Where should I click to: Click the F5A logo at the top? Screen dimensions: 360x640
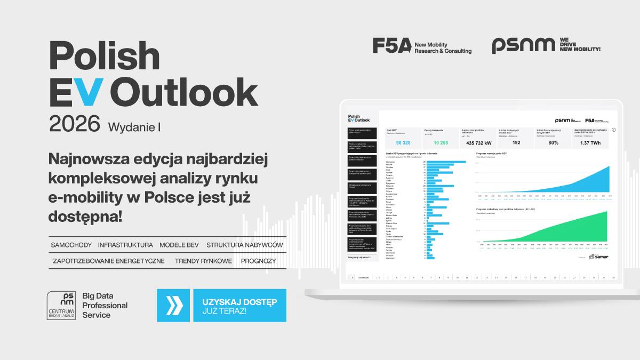tap(392, 46)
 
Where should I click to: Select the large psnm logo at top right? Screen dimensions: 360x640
tap(523, 46)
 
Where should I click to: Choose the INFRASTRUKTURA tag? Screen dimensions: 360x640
tap(125, 245)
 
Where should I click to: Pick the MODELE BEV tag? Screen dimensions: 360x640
tap(179, 245)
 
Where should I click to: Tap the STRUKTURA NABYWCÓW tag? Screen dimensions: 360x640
tap(245, 245)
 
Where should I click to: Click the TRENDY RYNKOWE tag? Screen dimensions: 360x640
tap(203, 261)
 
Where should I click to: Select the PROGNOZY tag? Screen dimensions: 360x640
tap(258, 261)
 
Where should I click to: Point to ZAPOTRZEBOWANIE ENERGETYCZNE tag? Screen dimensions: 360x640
tap(109, 261)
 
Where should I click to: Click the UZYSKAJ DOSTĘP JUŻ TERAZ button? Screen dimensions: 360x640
tap(239, 306)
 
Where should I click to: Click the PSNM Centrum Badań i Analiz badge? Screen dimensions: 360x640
tap(61, 306)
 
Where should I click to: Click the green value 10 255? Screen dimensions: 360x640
tap(441, 143)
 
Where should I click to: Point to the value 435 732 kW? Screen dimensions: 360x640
tap(478, 143)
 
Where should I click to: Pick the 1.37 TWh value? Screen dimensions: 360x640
tap(590, 143)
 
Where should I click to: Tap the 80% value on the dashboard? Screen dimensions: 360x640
tap(553, 143)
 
